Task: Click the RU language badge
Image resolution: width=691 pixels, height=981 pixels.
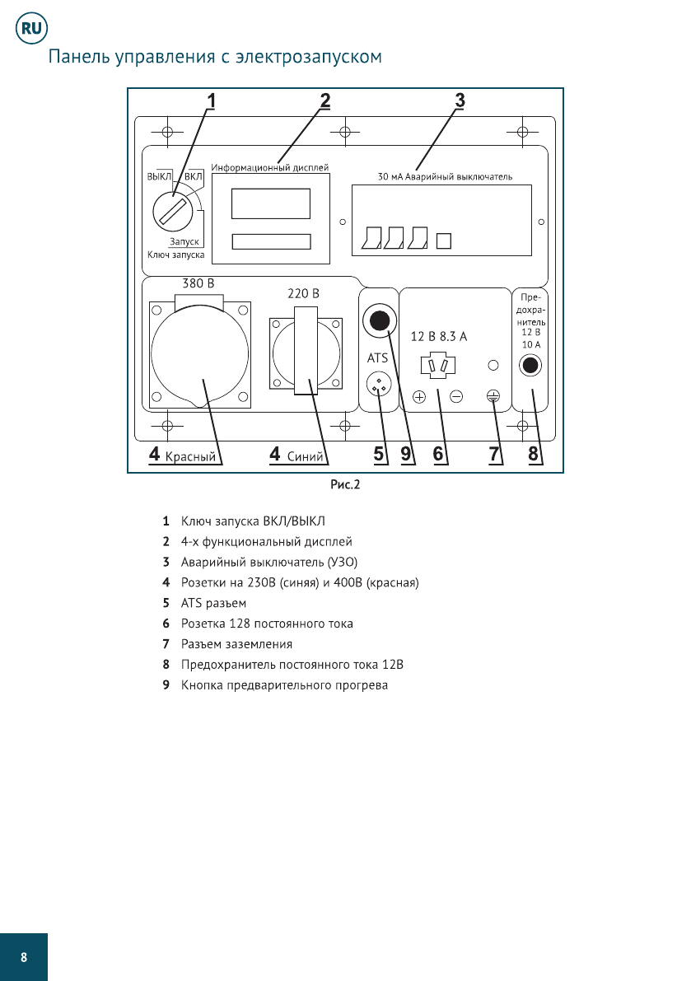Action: coord(32,29)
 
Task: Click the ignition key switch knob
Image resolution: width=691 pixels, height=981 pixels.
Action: coord(173,213)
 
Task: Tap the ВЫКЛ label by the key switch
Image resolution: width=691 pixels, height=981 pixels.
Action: coord(158,176)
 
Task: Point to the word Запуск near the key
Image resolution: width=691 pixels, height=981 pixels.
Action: coord(184,242)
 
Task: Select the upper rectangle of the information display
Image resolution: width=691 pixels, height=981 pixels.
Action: coord(270,203)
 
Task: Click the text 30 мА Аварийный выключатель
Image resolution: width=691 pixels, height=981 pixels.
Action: coord(445,176)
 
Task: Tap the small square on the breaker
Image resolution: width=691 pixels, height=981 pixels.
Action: coord(444,241)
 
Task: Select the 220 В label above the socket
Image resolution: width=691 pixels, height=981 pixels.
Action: coord(303,293)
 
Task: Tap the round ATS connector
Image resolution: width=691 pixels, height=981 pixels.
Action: coord(379,383)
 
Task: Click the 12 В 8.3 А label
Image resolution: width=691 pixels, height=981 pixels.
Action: coord(439,336)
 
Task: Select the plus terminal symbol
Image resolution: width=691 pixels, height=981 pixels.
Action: coord(418,397)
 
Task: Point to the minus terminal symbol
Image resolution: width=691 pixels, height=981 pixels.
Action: coord(456,397)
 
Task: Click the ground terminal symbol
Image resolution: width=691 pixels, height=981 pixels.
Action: coord(493,396)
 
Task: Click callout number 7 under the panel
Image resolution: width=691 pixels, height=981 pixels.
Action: coord(495,454)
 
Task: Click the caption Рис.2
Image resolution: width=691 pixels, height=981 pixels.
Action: coord(345,484)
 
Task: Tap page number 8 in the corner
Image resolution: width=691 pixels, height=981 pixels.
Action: coord(24,957)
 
